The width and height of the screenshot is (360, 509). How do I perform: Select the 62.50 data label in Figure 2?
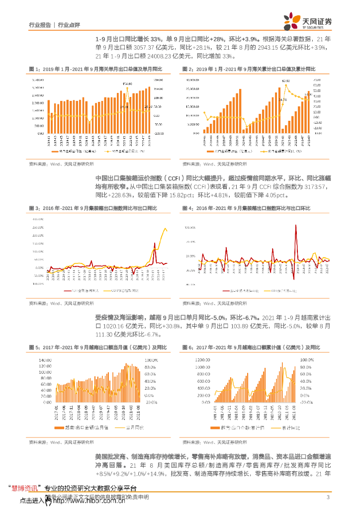coord(285,80)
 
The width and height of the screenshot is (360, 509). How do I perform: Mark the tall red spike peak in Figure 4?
coord(296,225)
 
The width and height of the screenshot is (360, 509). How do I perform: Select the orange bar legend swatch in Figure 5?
coord(58,427)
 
